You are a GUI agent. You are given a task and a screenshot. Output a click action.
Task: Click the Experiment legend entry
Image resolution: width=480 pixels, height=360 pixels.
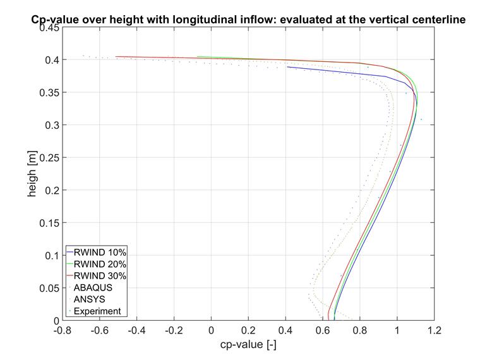click(x=97, y=311)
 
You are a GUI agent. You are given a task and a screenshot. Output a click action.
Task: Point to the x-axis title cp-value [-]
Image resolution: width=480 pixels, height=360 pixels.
click(x=248, y=345)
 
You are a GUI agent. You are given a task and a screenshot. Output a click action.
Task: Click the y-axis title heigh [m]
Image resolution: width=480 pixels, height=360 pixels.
click(x=32, y=175)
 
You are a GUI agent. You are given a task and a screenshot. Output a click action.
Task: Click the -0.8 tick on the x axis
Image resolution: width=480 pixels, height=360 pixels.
click(x=62, y=330)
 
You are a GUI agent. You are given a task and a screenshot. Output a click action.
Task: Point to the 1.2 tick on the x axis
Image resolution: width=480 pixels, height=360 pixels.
click(x=434, y=330)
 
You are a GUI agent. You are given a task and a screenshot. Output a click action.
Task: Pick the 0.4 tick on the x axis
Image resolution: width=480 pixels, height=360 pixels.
click(x=285, y=330)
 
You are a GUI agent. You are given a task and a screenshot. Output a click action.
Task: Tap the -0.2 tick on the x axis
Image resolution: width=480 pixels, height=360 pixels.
click(x=174, y=330)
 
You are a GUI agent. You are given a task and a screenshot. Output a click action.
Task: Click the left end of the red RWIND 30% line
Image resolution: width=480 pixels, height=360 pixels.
click(x=116, y=57)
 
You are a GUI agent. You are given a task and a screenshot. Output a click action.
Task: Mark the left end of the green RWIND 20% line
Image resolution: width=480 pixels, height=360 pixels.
click(x=198, y=57)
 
